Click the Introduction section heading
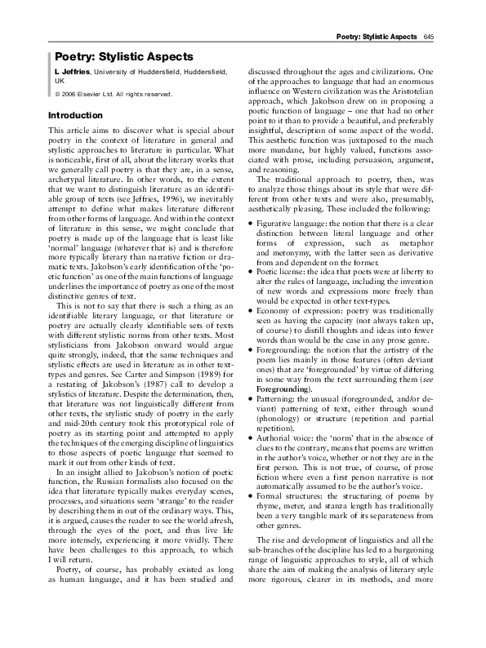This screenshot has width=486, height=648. [x=78, y=116]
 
